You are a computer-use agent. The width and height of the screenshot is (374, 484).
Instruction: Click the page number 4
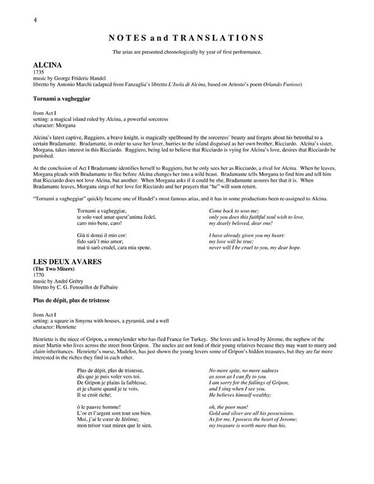click(35, 21)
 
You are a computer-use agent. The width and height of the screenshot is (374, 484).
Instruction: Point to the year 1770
click(39, 276)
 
